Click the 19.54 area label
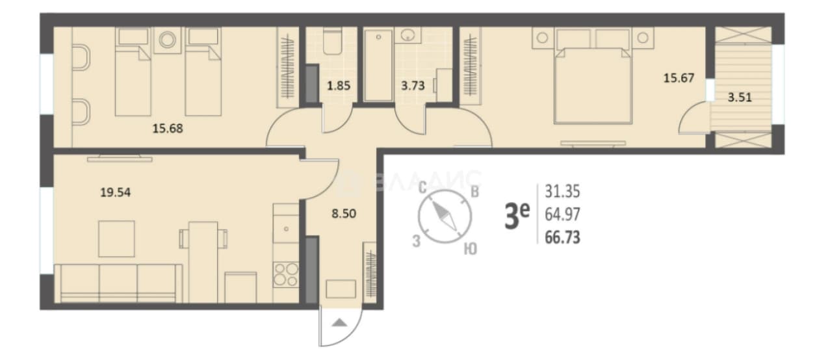coord(115,192)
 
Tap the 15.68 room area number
coord(168,129)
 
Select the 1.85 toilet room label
coord(339,86)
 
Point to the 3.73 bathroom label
coord(413,86)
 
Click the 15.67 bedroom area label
coord(679,78)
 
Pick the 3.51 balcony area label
coord(740,97)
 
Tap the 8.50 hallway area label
coord(344,213)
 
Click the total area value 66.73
coord(562,237)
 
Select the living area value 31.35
coord(562,191)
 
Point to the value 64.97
coord(562,214)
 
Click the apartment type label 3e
coord(517,216)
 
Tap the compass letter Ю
coord(470,249)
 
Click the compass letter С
coord(422,188)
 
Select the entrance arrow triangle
coord(339,322)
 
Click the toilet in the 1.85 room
coord(332,42)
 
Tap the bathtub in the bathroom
coord(378,66)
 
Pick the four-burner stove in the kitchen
coord(286,274)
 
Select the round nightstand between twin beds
coord(168,40)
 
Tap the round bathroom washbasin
coord(408,35)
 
